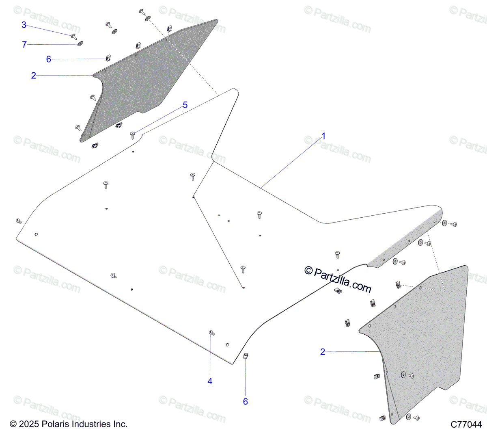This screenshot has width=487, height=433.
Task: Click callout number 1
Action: click(323, 136)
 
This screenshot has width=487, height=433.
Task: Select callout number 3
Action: click(24, 25)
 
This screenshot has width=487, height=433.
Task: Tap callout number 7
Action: click(24, 45)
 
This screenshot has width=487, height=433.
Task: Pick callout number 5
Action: click(185, 105)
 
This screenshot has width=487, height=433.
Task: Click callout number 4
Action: click(210, 381)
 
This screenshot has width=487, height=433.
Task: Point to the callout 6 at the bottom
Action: click(245, 401)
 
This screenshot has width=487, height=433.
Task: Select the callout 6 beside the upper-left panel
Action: click(49, 59)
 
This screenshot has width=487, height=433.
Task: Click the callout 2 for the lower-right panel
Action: click(323, 352)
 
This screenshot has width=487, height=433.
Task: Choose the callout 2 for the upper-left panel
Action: click(34, 76)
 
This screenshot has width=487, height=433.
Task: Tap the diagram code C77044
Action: click(466, 424)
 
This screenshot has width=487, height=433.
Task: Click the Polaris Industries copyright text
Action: click(69, 424)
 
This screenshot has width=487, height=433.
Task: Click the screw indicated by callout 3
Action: click(74, 37)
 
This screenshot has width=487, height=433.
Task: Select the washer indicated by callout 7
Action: click(80, 43)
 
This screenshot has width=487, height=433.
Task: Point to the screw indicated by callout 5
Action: click(132, 134)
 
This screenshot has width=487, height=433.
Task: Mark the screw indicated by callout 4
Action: click(211, 333)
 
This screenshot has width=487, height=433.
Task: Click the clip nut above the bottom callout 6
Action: click(246, 356)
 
